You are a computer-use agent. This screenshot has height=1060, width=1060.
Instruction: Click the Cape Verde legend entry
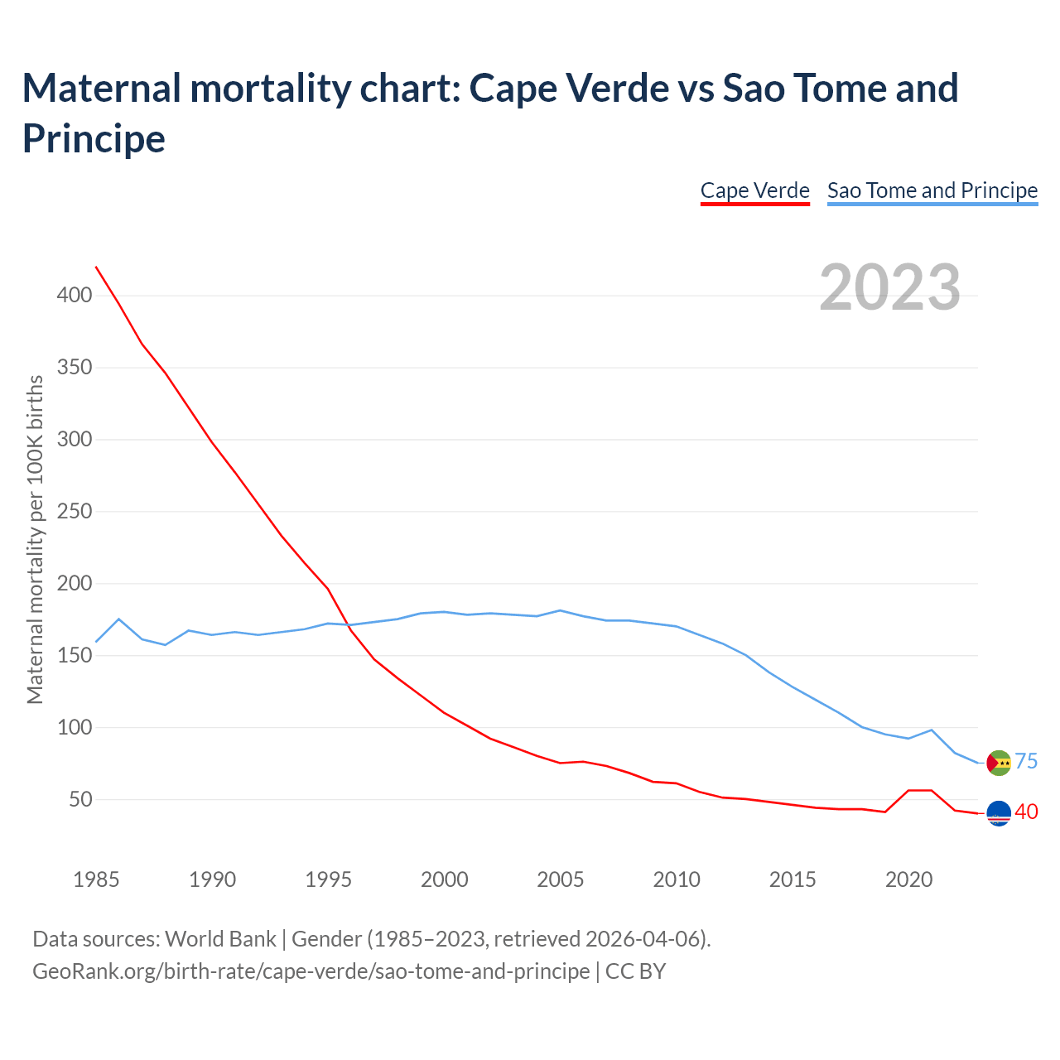click(754, 190)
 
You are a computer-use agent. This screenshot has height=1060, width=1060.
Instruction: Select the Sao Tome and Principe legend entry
click(932, 190)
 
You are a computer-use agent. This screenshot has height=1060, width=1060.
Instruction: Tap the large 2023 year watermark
click(890, 287)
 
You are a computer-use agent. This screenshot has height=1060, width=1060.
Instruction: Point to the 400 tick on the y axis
click(74, 296)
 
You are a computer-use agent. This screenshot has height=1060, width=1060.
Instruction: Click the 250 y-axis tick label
click(74, 512)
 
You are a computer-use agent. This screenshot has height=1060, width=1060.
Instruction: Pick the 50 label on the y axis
click(79, 800)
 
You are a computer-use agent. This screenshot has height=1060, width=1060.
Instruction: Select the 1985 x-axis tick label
click(96, 879)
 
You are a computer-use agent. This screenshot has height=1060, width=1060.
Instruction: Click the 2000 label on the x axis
click(445, 879)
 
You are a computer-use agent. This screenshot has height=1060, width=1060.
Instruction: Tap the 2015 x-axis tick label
click(793, 879)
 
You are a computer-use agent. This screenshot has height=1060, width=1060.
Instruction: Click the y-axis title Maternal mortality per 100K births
click(35, 540)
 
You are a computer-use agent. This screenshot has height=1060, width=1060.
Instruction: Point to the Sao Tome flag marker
click(1000, 763)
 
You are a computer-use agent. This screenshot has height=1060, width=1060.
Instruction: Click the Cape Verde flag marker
click(1000, 813)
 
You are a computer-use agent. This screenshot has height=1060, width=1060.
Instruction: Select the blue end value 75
click(1026, 762)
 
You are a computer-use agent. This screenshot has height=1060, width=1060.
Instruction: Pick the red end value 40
click(1026, 812)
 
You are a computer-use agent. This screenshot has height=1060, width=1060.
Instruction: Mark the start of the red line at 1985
click(96, 267)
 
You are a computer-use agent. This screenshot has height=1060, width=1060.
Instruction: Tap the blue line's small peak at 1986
click(119, 619)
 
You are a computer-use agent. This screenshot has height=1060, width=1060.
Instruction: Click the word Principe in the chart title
click(94, 138)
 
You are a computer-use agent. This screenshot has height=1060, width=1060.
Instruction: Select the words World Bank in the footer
click(220, 939)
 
